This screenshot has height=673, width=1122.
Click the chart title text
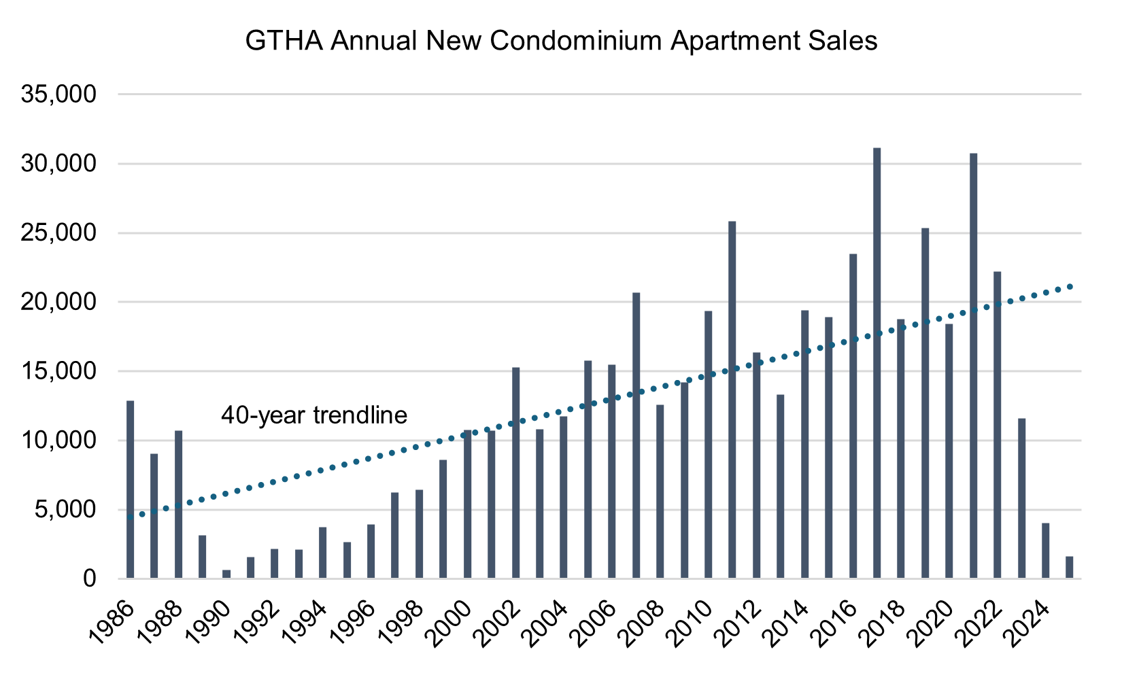pos(561,41)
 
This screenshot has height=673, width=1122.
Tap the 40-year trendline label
pos(314,415)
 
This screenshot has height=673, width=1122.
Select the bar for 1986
pos(130,489)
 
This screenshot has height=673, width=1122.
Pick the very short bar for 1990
pos(226,574)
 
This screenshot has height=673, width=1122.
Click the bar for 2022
pos(997,425)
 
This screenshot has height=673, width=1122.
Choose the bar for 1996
pos(371,551)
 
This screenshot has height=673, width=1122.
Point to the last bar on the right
pos(1069,568)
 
